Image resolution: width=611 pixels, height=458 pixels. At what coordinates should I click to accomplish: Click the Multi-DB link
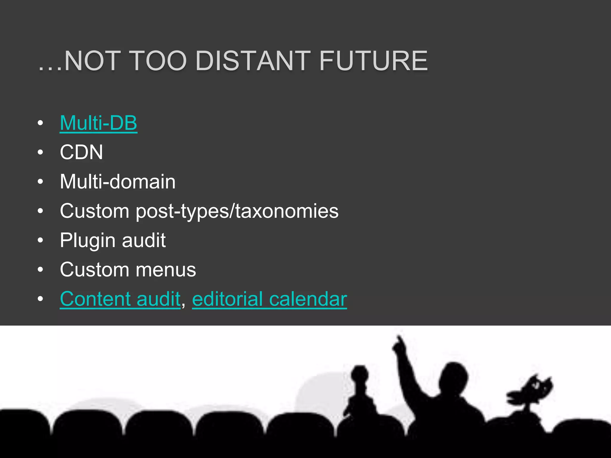click(x=98, y=123)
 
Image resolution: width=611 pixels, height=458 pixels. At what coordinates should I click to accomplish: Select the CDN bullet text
click(x=81, y=152)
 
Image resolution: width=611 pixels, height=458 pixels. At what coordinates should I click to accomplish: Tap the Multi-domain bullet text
click(x=118, y=182)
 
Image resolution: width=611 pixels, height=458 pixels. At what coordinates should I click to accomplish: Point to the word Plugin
click(x=87, y=240)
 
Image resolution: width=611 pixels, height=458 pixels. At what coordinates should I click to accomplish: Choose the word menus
click(x=166, y=270)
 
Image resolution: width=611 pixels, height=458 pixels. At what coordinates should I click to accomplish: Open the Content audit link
click(x=120, y=299)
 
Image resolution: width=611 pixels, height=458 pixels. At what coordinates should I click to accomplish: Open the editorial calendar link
click(x=269, y=299)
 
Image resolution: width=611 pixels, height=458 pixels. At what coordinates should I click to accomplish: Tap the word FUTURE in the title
click(x=374, y=61)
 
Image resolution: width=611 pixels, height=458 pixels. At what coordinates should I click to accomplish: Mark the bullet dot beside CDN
click(x=41, y=152)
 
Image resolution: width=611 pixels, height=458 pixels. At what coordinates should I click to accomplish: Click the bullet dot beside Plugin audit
click(x=41, y=240)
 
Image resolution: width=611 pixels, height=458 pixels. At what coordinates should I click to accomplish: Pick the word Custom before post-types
click(x=95, y=211)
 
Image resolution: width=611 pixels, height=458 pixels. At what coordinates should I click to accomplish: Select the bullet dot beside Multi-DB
click(x=41, y=123)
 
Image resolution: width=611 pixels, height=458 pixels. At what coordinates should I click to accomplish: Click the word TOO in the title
click(x=158, y=61)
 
